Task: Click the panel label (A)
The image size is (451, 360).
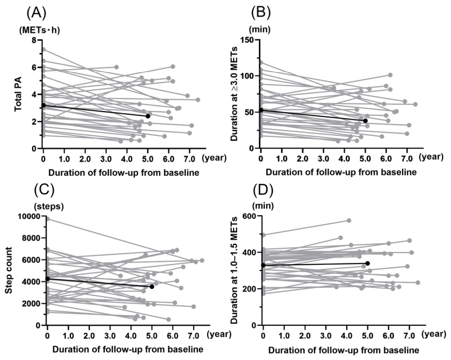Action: pyautogui.click(x=36, y=13)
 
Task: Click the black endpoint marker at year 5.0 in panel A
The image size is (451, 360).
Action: pyautogui.click(x=148, y=116)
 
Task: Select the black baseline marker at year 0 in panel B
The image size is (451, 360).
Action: pyautogui.click(x=261, y=110)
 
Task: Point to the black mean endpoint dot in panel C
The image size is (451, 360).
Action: pyautogui.click(x=152, y=287)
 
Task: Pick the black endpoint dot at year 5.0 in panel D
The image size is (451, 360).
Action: pyautogui.click(x=367, y=263)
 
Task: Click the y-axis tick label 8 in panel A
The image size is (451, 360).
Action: pyautogui.click(x=35, y=40)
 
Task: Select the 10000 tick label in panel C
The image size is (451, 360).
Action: pyautogui.click(x=29, y=216)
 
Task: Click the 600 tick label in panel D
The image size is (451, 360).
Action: pyautogui.click(x=250, y=216)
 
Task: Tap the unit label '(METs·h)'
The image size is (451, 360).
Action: pyautogui.click(x=39, y=30)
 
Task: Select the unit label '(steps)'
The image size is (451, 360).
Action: pyautogui.click(x=48, y=206)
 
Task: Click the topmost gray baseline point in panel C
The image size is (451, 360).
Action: pyautogui.click(x=48, y=219)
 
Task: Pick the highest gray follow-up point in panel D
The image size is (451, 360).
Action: pyautogui.click(x=349, y=221)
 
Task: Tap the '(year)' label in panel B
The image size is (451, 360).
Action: pyautogui.click(x=431, y=157)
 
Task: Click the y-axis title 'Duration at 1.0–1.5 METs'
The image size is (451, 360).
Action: pyautogui.click(x=234, y=270)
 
